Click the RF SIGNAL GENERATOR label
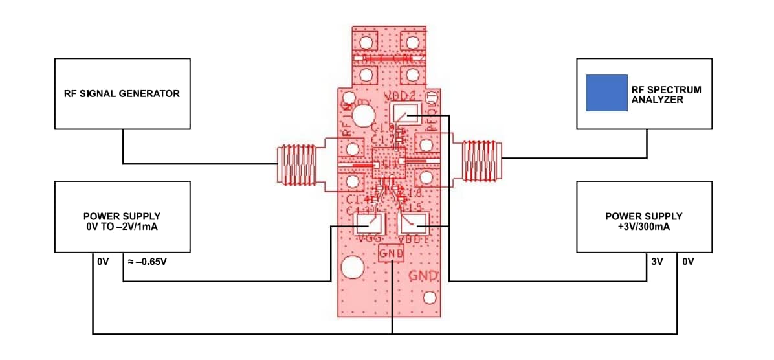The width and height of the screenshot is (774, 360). click(122, 93)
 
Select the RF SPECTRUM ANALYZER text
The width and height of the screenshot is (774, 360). click(666, 95)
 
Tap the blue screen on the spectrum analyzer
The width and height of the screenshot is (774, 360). click(606, 93)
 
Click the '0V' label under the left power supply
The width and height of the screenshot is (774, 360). click(103, 263)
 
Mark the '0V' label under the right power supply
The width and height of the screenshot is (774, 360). click(687, 263)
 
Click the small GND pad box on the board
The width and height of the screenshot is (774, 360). click(392, 254)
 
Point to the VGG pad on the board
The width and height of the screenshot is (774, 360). click(368, 224)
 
